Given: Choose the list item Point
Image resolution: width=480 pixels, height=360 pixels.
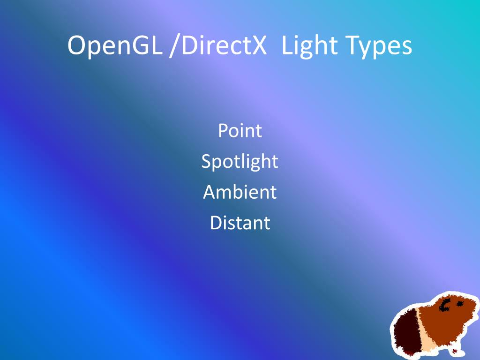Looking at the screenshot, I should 240,131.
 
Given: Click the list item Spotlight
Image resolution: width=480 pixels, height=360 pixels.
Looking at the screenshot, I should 240,162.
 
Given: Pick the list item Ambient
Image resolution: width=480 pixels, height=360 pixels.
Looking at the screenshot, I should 240,192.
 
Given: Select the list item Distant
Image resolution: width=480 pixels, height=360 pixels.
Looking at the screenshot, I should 240,223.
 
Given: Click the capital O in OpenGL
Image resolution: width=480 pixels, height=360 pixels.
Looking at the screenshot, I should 77,46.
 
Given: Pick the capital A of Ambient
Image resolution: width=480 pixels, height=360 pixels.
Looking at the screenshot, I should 210,192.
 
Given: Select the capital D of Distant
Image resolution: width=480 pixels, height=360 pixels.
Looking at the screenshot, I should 216,223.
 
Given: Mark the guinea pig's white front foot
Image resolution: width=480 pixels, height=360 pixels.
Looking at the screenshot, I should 453,352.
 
